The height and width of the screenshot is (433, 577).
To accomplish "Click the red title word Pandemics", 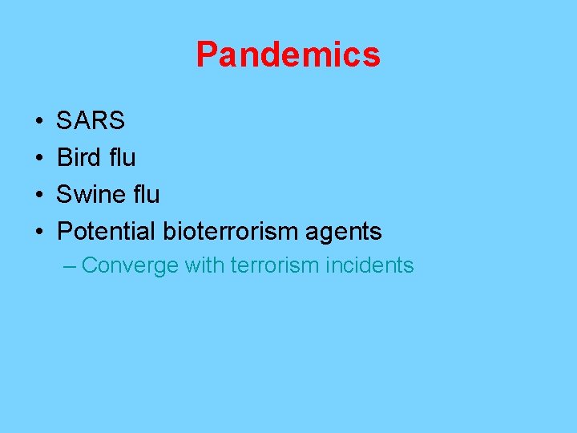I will coord(288,55).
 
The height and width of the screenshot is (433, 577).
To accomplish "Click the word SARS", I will coord(91,121).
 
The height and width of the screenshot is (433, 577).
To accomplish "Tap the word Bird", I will coord(79,158).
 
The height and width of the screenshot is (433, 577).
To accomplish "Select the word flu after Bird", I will coord(121,158).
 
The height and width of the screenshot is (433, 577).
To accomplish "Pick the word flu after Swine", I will coord(145,195).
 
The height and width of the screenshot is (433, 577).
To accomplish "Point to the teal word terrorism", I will coord(274,265).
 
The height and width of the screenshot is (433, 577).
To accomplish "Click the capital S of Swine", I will coord(65,195).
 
